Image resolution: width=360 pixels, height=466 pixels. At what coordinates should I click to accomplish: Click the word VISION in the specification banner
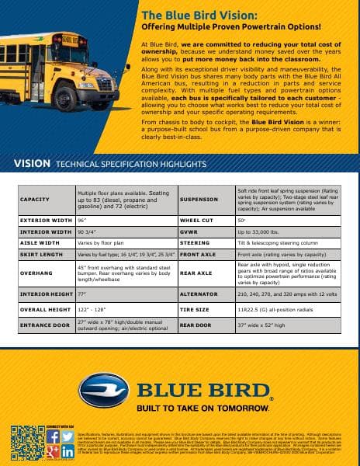point(33,165)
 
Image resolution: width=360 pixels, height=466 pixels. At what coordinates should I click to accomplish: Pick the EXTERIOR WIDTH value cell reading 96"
point(81,221)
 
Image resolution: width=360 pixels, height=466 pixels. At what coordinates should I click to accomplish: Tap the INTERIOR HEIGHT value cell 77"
point(81,295)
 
